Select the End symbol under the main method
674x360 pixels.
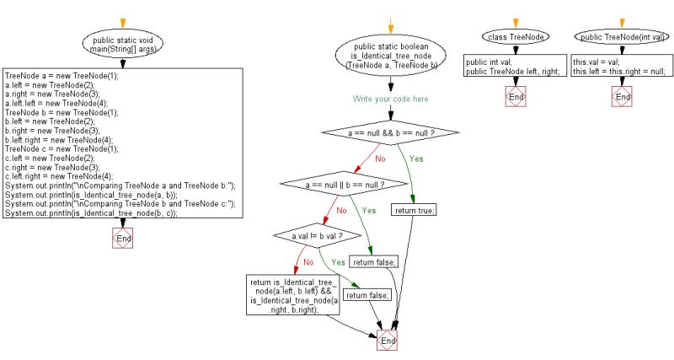(123, 239)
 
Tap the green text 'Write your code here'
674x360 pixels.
(390, 99)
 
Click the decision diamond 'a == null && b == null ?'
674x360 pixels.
(389, 132)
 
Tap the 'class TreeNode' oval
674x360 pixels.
(515, 37)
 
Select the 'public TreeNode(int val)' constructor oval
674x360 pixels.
(621, 37)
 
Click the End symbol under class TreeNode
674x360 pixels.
(515, 97)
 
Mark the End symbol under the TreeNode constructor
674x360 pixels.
(622, 97)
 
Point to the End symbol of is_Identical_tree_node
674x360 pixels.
(388, 340)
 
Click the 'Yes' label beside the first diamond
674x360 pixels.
(415, 158)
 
